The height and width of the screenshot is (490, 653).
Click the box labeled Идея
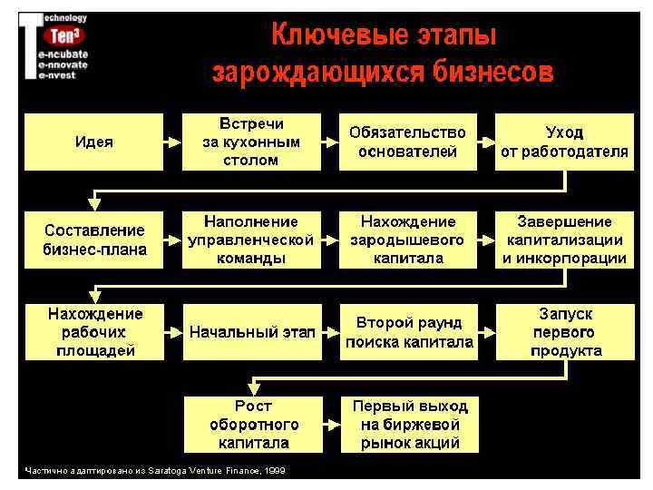[x=93, y=142]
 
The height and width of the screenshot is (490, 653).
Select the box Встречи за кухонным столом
[x=250, y=142]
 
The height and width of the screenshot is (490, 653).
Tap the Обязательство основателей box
[x=407, y=142]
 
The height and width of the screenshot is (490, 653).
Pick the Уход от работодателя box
[x=563, y=142]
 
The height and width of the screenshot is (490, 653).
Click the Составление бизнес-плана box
[x=93, y=240]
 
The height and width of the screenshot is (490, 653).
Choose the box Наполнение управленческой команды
[x=250, y=240]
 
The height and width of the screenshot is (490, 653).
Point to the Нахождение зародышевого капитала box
[x=407, y=240]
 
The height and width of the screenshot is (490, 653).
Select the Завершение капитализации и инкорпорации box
[x=563, y=240]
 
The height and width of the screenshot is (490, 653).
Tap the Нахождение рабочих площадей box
[x=93, y=332]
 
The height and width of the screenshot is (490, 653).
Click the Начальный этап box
[x=250, y=332]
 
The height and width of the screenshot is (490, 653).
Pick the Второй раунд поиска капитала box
[x=407, y=332]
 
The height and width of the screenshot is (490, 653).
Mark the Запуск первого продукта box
[x=563, y=332]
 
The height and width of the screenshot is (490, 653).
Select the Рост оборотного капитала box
[x=252, y=424]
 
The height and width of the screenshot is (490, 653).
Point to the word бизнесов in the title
[x=491, y=71]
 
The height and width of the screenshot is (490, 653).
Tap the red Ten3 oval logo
[x=65, y=37]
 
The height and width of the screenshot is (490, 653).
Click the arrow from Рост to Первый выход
[x=331, y=424]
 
